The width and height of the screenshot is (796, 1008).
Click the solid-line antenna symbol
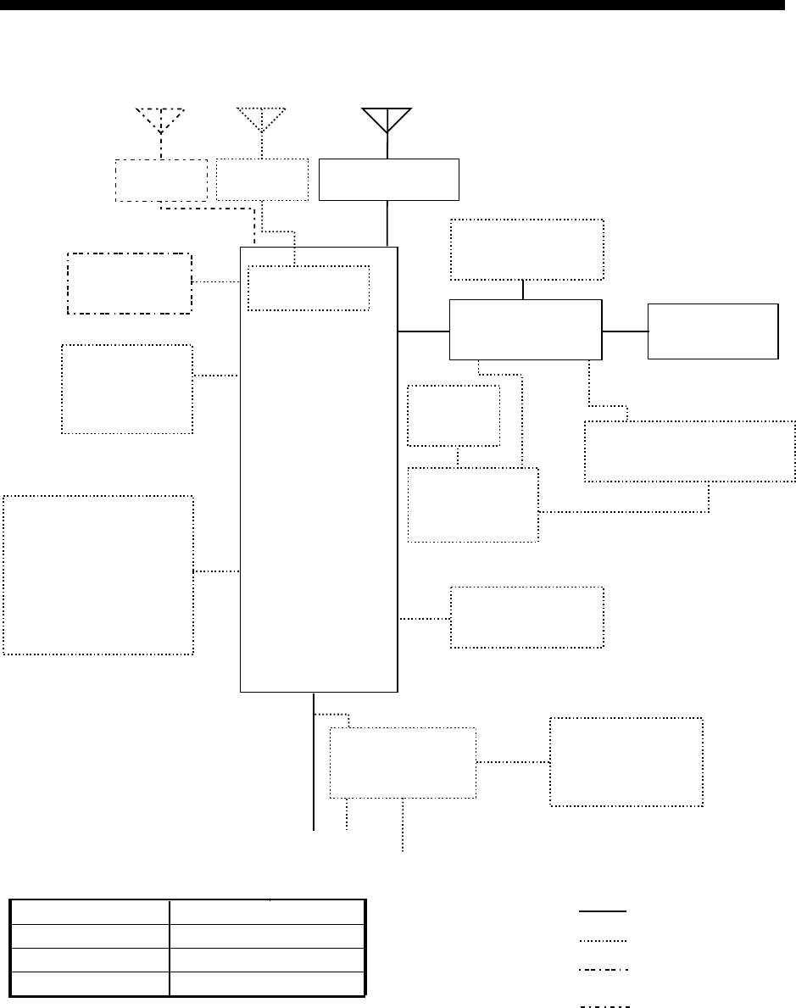[x=387, y=120]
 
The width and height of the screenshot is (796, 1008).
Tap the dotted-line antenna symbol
[x=262, y=120]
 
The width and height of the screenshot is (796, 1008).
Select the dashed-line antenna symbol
[x=160, y=120]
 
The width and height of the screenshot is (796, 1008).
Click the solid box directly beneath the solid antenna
[x=388, y=179]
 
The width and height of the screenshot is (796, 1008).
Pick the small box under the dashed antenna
[x=160, y=180]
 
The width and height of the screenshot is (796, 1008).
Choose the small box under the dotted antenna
[x=262, y=180]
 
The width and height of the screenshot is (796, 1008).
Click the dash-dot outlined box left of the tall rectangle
[x=129, y=283]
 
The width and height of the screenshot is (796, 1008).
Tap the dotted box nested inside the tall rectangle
[x=309, y=288]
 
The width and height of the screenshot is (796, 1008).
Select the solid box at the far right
[x=712, y=331]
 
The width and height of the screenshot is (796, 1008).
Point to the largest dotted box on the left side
[x=98, y=575]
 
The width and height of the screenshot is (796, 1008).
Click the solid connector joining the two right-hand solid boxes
[x=625, y=331]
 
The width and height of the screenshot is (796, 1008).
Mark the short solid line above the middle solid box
[x=524, y=289]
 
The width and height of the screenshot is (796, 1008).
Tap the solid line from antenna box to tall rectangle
[x=388, y=223]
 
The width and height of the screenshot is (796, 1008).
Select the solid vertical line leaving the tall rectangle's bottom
[x=314, y=763]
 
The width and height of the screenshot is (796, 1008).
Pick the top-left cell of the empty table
[x=89, y=911]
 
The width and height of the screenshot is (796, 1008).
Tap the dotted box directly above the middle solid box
[x=526, y=249]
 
